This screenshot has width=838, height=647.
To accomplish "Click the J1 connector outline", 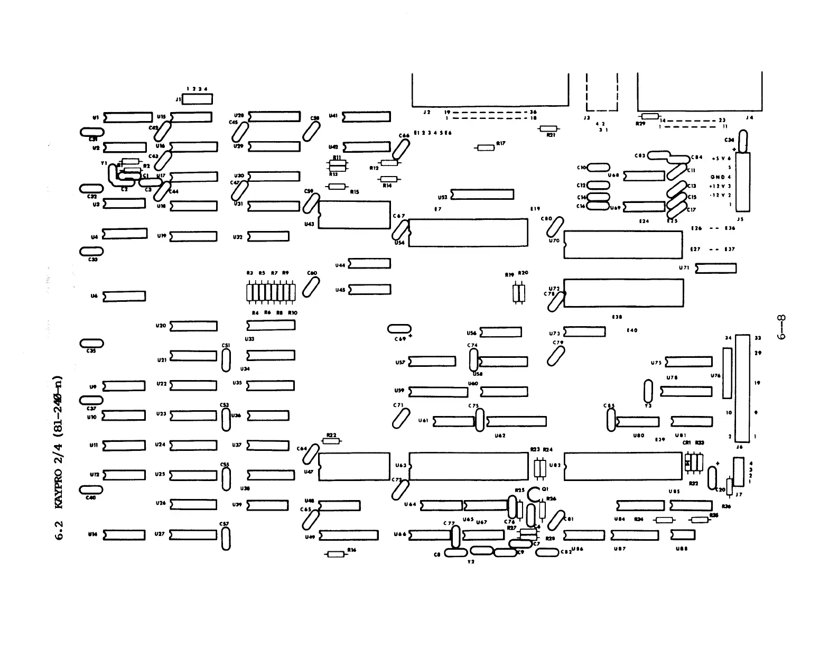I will (x=197, y=99).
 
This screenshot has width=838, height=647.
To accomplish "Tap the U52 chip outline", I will (x=482, y=195).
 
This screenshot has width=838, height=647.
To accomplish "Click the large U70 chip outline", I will (x=623, y=244).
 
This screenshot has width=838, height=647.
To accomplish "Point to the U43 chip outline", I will (x=355, y=215).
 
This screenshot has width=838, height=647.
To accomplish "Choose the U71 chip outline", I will (x=715, y=269).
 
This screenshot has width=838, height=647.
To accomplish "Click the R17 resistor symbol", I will (x=486, y=147).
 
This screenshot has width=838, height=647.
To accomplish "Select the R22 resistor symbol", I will (x=331, y=441).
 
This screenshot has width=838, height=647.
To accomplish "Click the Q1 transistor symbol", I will (x=534, y=494).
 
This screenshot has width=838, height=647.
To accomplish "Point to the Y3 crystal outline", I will (x=648, y=391).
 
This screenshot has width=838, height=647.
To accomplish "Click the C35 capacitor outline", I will (x=91, y=344).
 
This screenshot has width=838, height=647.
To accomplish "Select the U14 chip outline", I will (x=124, y=535).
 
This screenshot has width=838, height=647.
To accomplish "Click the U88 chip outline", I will (x=683, y=535).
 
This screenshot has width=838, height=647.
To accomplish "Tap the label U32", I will (x=238, y=237).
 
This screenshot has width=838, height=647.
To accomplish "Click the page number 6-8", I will (x=782, y=327).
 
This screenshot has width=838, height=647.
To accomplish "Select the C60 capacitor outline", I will (x=311, y=287).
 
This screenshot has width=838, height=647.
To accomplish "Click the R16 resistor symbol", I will (x=336, y=554).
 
